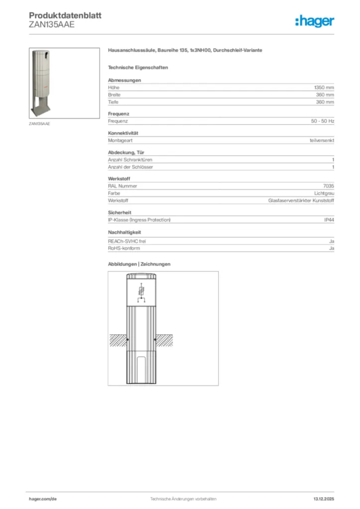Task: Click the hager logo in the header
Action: [x=314, y=20]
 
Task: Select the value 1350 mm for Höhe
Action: [x=324, y=87]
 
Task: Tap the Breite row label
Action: [x=114, y=94]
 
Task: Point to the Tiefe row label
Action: [x=113, y=102]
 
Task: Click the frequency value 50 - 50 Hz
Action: [x=322, y=121]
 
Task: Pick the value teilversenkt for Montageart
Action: [x=322, y=140]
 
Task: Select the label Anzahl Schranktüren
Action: [x=130, y=160]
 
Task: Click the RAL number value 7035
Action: [x=328, y=186]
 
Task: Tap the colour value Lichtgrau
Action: [x=324, y=193]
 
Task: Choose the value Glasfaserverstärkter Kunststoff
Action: [x=301, y=200]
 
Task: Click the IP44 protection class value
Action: [x=329, y=219]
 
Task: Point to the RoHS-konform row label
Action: [x=124, y=248]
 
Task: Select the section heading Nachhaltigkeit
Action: [x=124, y=232]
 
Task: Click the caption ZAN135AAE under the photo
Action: [x=39, y=124]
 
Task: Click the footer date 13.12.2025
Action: [x=324, y=499]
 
